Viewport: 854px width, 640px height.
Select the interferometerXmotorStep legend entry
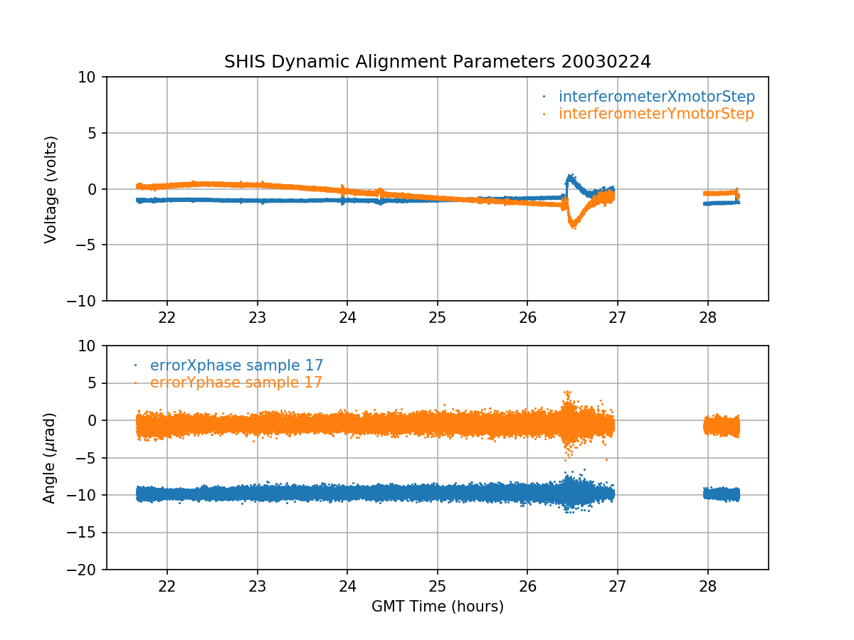656,97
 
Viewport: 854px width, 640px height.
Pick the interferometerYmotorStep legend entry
655,114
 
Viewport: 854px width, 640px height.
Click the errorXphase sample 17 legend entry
236,366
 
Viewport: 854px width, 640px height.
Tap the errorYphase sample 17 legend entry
236,383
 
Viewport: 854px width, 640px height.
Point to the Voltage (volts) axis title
51,189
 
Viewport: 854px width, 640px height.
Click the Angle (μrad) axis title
50,458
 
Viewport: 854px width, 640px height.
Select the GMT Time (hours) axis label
437,607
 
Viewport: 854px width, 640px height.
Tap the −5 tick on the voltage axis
88,245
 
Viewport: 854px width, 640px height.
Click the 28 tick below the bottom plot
707,585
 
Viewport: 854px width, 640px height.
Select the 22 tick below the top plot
167,316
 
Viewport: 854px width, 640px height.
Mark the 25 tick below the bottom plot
437,585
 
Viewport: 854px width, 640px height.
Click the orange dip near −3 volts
573,224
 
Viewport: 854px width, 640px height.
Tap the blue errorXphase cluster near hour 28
722,494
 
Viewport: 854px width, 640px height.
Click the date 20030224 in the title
606,62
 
